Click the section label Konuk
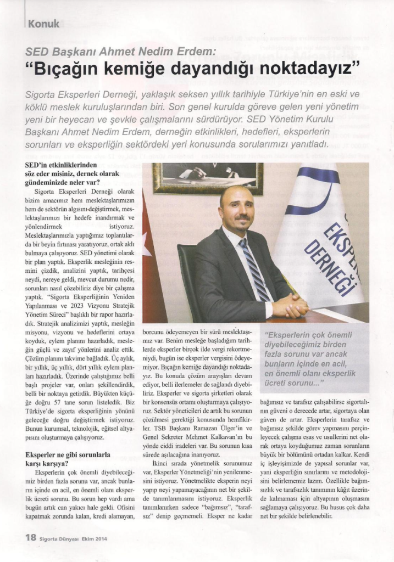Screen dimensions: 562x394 point(43,24)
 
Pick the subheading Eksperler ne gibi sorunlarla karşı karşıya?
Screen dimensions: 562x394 point(68,459)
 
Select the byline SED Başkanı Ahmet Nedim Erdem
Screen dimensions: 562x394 point(121,53)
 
